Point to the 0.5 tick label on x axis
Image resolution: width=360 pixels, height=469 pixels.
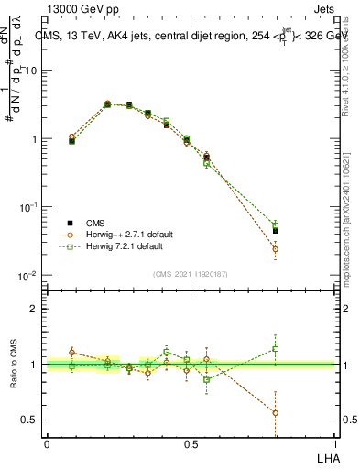(191, 444)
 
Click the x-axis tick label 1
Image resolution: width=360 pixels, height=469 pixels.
(334, 444)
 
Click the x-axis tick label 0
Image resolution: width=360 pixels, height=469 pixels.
(47, 444)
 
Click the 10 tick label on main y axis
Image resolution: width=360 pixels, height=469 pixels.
(31, 71)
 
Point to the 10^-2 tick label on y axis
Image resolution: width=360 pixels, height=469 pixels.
(27, 276)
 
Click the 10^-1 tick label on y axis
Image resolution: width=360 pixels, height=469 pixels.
(27, 207)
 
